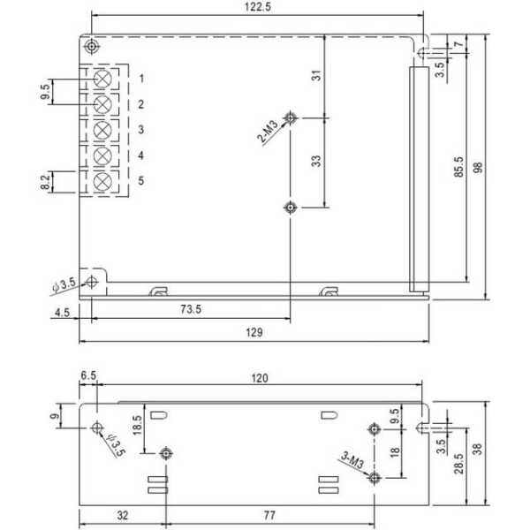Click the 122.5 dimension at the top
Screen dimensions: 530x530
tap(258, 7)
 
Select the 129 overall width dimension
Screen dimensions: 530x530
tap(254, 333)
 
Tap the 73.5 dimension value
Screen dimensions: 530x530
tap(191, 309)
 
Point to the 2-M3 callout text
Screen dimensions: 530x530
tap(268, 131)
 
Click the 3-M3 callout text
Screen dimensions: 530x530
tap(352, 460)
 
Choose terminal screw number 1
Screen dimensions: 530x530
tap(102, 79)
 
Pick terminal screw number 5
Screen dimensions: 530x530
tap(102, 182)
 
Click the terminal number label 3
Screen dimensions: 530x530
tap(141, 130)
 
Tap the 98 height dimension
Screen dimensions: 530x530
tap(478, 168)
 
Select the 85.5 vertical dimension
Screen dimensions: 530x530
tap(458, 167)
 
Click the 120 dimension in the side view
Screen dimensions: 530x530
tap(260, 378)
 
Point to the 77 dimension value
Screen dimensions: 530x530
tap(269, 516)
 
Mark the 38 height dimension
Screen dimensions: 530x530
tap(478, 450)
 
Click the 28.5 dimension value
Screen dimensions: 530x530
tap(458, 464)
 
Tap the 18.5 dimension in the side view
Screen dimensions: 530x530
tap(137, 425)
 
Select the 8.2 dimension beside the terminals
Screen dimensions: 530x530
tap(45, 182)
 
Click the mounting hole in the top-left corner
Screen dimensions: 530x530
tap(91, 46)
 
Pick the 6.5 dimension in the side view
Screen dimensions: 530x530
tap(88, 375)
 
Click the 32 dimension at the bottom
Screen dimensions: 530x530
tap(123, 516)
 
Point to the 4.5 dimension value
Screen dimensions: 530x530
tap(62, 313)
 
